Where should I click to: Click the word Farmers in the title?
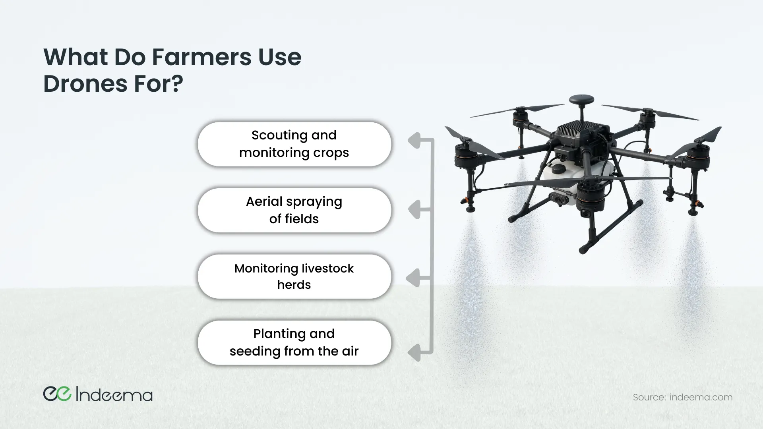coord(202,57)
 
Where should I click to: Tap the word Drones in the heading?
coord(85,84)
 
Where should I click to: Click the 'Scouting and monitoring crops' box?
coord(294,144)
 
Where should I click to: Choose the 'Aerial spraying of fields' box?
coord(294,211)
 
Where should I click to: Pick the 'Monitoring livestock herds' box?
coord(294,276)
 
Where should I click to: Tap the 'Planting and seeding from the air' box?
coord(294,343)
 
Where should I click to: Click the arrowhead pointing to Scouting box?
coord(414,141)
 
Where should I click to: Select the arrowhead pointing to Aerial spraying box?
coord(414,210)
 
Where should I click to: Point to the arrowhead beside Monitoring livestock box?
coord(413,278)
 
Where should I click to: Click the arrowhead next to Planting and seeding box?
coord(414,353)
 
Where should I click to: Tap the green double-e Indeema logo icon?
coord(57,394)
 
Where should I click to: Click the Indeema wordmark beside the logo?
coord(114,394)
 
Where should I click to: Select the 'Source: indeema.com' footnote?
coord(682,397)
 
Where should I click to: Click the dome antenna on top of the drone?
coord(581,100)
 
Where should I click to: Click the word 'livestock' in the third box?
coord(327,269)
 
